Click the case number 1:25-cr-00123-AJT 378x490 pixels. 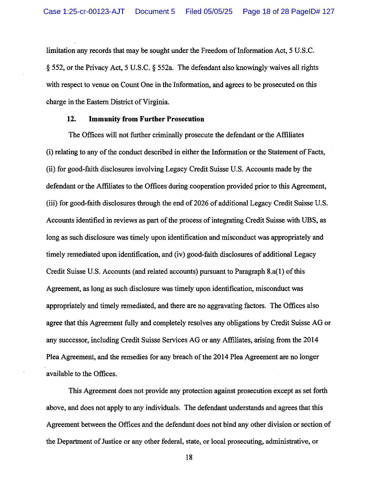click(x=84, y=12)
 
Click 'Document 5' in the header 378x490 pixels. click(x=155, y=12)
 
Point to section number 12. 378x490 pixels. click(x=71, y=119)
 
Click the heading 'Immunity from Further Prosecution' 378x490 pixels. click(x=146, y=119)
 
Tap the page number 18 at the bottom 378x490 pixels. click(x=189, y=457)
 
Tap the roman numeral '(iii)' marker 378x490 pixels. click(x=52, y=203)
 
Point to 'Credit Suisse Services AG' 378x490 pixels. click(x=160, y=340)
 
